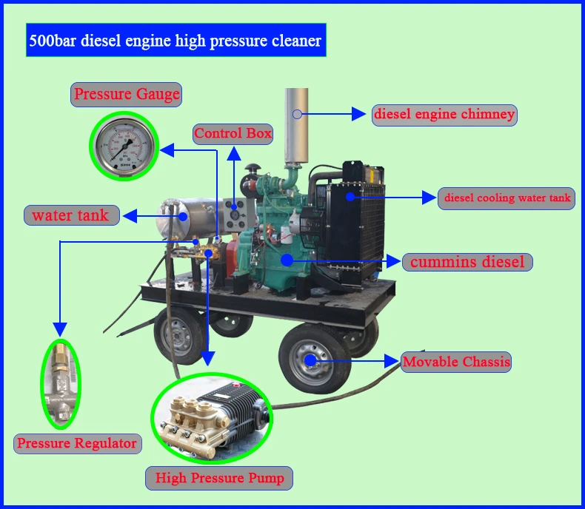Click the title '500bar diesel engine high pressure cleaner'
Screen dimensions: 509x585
[x=175, y=40]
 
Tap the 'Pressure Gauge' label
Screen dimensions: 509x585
[x=127, y=94]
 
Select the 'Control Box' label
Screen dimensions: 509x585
[x=233, y=134]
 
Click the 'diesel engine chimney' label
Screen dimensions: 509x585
[x=444, y=115]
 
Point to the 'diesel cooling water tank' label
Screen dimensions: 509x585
[x=507, y=198]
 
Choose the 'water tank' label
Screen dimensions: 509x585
[x=70, y=215]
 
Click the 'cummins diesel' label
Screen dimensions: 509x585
[x=467, y=261]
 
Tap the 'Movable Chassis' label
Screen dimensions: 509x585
[x=456, y=362]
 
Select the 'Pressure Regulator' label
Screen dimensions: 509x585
[x=77, y=443]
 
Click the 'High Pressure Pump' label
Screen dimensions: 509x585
[x=219, y=478]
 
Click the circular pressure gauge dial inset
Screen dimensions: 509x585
[x=124, y=146]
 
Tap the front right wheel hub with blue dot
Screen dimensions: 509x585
[x=310, y=360]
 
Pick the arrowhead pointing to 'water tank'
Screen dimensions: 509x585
[x=128, y=216]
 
